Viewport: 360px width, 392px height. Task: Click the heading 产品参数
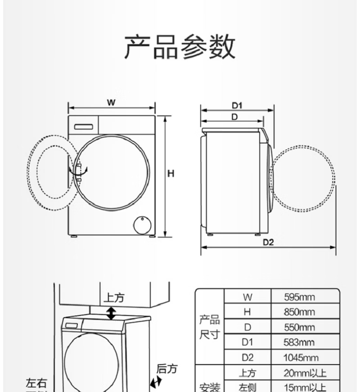180,47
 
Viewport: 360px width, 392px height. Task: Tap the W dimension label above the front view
111,102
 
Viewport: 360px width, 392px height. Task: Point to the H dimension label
171,174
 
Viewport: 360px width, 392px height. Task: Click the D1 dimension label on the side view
237,105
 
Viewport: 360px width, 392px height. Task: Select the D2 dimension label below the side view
269,242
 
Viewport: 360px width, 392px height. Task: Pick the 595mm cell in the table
299,297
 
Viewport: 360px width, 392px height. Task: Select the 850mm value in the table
299,312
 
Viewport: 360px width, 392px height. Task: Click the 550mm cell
299,327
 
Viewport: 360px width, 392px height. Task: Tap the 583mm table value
299,342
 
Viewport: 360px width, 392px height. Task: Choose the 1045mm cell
301,358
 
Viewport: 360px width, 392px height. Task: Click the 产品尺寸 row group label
209,327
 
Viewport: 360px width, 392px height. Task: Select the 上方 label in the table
247,373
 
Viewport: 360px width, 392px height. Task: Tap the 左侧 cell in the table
247,387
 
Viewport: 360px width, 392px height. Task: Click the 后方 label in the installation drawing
166,369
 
